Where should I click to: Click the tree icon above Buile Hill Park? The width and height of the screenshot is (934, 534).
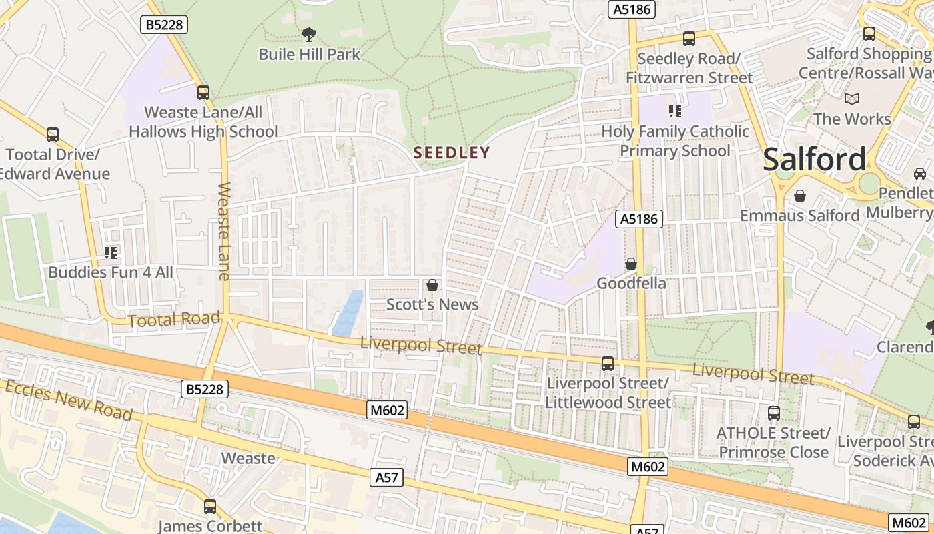(308, 33)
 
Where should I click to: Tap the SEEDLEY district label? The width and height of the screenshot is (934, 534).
(452, 153)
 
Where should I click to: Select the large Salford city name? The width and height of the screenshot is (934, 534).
(814, 160)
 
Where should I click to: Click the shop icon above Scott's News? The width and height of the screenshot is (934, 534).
(432, 285)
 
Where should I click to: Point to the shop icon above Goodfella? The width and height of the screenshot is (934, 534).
(630, 264)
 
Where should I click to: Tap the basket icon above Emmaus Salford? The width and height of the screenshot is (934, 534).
(799, 196)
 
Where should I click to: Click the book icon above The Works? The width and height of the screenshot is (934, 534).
(851, 99)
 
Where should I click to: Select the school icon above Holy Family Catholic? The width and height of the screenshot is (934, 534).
(674, 111)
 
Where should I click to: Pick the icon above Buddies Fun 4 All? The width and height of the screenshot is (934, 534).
(111, 252)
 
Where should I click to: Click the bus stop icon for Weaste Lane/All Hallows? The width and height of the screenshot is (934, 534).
(203, 93)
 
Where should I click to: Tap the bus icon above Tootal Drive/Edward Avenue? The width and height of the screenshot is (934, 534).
(53, 135)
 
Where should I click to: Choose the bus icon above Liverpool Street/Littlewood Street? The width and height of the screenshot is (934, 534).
(607, 364)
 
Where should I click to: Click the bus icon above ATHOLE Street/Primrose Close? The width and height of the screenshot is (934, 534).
(773, 413)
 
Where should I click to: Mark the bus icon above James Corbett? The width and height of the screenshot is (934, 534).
(210, 507)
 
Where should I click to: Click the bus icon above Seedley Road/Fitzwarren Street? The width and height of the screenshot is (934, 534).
(689, 39)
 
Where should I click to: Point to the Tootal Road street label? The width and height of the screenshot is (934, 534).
(173, 319)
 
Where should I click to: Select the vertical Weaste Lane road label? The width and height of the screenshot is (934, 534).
(223, 230)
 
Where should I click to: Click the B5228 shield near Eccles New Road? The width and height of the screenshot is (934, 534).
(205, 388)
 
